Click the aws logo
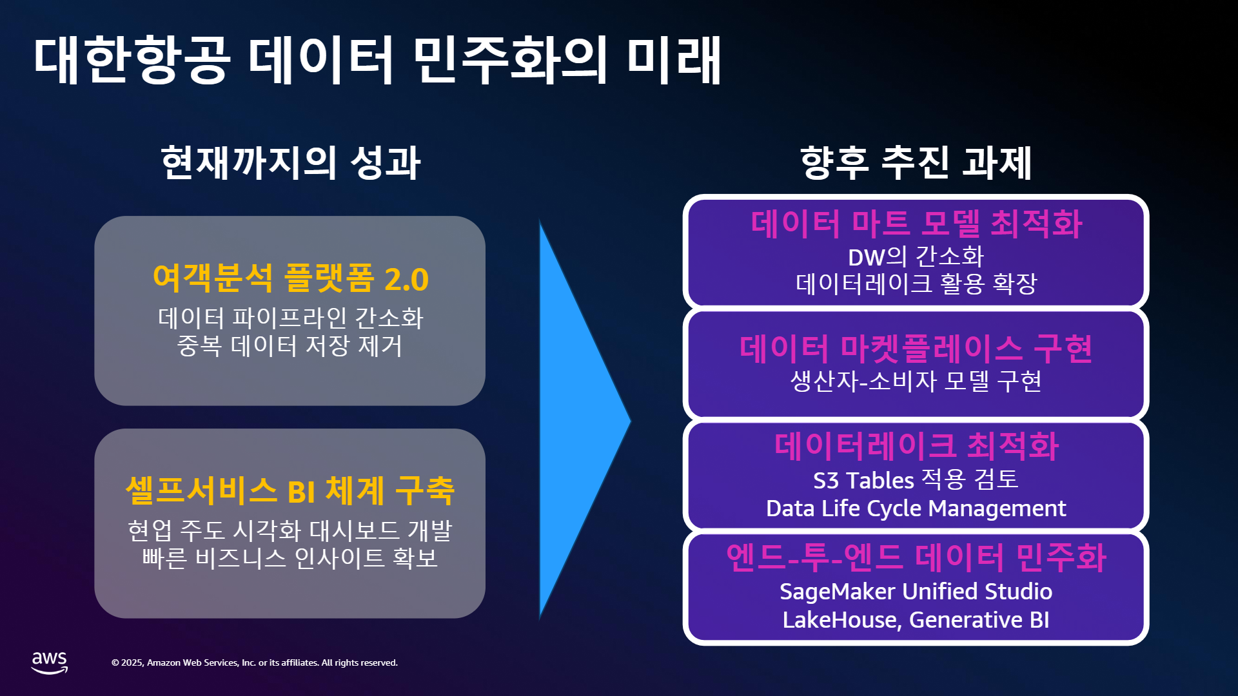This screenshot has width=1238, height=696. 50,662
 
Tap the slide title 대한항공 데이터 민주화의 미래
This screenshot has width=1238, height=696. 377,60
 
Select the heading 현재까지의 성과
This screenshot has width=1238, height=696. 290,162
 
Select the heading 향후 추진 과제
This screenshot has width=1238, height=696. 916,162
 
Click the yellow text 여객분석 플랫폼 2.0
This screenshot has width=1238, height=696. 290,278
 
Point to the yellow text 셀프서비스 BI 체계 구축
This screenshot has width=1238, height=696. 290,491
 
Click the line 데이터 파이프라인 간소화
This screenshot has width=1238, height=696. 290,318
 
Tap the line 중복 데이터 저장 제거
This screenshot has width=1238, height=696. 290,346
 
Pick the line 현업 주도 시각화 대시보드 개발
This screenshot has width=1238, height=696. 290,530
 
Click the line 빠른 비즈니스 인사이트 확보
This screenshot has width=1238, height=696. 290,558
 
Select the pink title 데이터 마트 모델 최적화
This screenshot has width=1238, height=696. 916,224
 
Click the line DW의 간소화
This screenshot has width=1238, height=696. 916,257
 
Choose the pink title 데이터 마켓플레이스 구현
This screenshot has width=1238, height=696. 916,349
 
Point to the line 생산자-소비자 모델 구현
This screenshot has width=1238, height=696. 916,382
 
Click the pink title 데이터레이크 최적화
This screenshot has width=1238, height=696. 916,446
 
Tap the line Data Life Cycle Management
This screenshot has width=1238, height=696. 916,508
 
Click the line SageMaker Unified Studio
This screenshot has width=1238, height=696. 916,592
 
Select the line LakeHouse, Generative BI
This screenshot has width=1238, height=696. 916,620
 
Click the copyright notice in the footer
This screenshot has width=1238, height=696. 255,662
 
